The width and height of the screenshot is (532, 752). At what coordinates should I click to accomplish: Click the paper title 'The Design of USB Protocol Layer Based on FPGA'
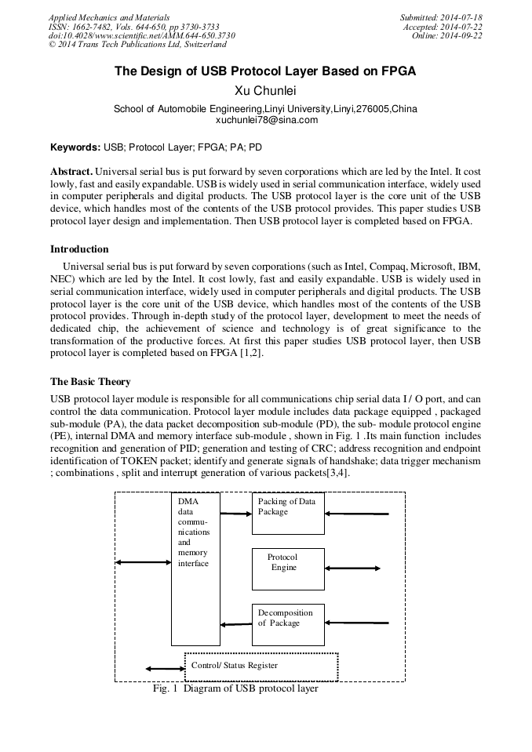click(265, 71)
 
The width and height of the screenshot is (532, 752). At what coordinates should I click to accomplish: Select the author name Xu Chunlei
click(266, 91)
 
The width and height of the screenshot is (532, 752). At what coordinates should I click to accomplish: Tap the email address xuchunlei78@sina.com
click(266, 120)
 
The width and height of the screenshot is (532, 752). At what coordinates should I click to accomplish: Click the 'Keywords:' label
click(75, 147)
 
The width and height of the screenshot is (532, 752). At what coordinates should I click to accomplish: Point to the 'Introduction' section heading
click(79, 249)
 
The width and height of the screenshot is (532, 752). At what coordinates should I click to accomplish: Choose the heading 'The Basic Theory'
click(90, 382)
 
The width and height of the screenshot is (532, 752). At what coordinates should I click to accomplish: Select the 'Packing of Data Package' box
click(288, 513)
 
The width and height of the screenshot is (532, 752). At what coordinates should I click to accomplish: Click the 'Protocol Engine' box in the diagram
click(288, 569)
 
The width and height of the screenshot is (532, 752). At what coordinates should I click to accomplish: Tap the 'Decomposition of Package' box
click(288, 624)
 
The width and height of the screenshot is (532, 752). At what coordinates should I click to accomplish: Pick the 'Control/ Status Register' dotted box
click(261, 666)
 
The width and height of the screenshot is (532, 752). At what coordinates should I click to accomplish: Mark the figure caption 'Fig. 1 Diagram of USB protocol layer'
click(235, 689)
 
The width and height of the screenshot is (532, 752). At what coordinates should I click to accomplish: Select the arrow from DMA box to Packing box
click(236, 514)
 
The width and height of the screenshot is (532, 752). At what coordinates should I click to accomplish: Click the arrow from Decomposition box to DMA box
click(236, 624)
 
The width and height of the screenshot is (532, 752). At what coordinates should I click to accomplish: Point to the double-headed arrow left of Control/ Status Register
click(165, 668)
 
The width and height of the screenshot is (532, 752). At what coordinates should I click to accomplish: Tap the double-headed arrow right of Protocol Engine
click(352, 569)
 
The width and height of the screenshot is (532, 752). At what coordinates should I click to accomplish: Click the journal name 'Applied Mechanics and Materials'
click(108, 16)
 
